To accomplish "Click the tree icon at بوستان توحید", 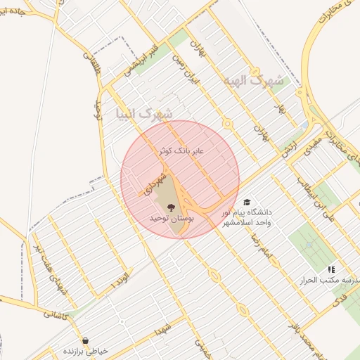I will pos(172,207).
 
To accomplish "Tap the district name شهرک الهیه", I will pos(253,81).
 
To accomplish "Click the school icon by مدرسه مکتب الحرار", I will pos(331,269).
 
